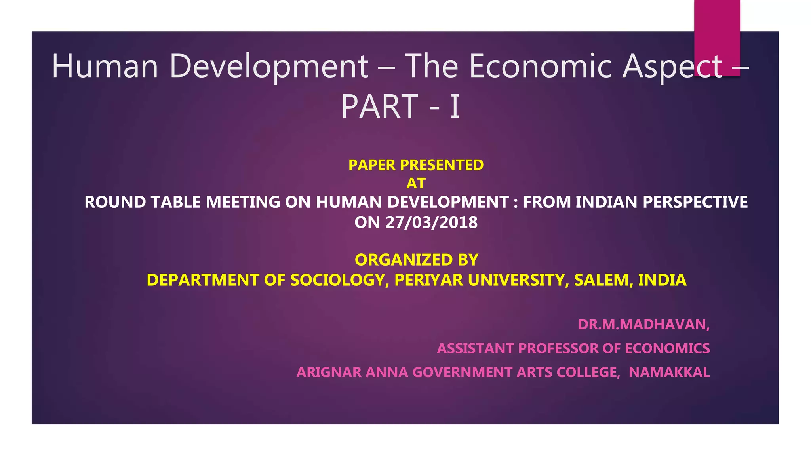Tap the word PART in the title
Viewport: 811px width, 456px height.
point(379,106)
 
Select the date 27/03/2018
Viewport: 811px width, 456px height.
point(431,222)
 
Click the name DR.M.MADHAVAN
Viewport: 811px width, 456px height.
point(643,325)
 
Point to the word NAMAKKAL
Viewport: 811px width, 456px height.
point(669,372)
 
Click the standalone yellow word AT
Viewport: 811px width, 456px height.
point(416,184)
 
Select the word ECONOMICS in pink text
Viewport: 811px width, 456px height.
point(667,348)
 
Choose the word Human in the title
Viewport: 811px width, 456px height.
point(105,66)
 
